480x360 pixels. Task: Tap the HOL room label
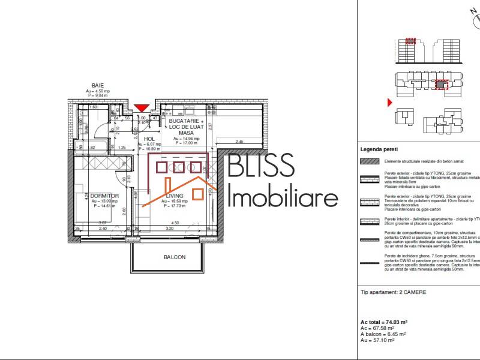149,139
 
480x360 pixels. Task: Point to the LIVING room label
175,196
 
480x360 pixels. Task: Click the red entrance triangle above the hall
142,108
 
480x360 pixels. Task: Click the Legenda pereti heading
379,149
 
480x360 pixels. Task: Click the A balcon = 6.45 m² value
383,334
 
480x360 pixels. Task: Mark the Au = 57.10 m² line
377,340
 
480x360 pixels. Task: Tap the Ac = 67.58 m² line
377,328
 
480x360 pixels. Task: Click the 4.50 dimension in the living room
176,223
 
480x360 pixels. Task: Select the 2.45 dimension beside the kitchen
239,142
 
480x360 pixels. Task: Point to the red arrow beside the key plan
390,103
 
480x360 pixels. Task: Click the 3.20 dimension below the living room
169,229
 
